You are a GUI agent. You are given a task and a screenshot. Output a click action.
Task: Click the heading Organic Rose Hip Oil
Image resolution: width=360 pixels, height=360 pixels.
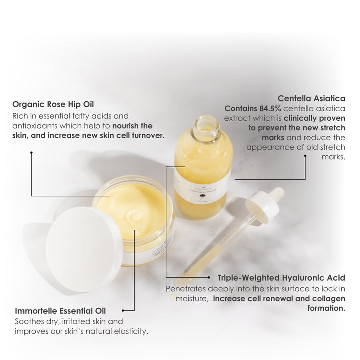coord(53,104)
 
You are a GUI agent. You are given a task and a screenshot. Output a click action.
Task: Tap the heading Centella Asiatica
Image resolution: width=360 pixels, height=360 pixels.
coord(311,98)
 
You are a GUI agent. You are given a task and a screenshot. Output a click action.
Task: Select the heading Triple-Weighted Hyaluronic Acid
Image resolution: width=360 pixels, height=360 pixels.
coord(281,278)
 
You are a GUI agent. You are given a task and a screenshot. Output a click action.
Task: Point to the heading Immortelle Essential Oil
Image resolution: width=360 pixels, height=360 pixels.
coord(60,311)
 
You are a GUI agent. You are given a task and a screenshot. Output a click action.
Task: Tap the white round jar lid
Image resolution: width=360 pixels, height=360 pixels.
coord(84,249)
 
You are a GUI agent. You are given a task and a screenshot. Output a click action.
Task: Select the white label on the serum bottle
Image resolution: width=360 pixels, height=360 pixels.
coord(202,188)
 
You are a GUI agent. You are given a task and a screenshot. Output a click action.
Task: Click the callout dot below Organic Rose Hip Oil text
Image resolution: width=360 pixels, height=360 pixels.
coord(31,152)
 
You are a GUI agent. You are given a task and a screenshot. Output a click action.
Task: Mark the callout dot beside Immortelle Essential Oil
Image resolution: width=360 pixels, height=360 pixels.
coord(123,311)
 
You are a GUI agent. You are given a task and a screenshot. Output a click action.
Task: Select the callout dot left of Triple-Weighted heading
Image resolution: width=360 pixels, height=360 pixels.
coord(209,277)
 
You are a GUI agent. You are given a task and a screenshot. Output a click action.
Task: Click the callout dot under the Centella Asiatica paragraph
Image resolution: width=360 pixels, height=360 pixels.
coord(305,156)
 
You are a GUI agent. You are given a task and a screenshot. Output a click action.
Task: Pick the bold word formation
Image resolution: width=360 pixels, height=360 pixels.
coord(326,308)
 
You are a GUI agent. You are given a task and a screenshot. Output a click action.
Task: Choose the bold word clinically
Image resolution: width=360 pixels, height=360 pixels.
coord(298,118)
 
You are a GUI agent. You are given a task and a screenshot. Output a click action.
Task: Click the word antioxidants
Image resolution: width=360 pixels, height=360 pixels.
coord(35,126)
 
